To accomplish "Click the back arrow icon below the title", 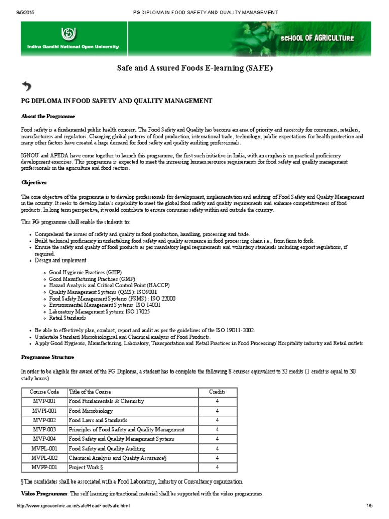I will point(27,86).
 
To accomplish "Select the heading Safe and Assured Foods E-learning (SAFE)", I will point(195,68).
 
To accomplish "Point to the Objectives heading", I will point(33,182).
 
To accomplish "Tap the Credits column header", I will point(217,392).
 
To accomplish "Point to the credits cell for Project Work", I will point(217,467).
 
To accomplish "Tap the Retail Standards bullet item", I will point(67,318).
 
